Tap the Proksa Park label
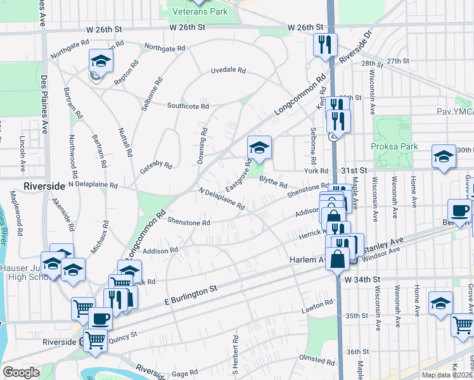click(394, 146)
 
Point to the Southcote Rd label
click(188, 106)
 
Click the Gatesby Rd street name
click(155, 166)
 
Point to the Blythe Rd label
click(273, 182)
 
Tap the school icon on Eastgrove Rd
click(259, 148)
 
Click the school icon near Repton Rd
click(100, 61)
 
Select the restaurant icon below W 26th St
click(325, 44)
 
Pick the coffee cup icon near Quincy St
click(100, 318)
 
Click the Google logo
click(22, 372)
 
